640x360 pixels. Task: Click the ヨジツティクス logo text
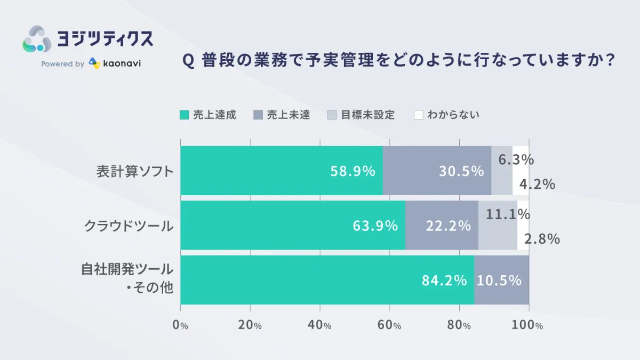pos(105,38)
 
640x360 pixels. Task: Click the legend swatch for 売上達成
pos(184,115)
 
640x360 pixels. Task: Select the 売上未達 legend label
pos(288,115)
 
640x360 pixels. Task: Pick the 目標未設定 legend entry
pos(367,115)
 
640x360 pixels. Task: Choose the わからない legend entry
pos(453,115)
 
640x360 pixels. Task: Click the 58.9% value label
pos(353,171)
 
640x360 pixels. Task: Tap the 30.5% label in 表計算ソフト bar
pos(461,171)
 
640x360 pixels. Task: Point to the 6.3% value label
pos(516,159)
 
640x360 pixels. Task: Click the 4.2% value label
pos(537,184)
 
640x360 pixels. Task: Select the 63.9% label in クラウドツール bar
pos(375,226)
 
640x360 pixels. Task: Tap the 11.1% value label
pos(508,214)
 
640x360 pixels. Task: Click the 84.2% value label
pos(444,280)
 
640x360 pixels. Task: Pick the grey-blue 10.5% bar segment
pos(501,280)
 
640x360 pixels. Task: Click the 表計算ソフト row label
pos(135,171)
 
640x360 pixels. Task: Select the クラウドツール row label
pos(129,226)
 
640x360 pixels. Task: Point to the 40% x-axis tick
pos(319,325)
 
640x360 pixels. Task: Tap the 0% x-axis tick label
pos(181,325)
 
